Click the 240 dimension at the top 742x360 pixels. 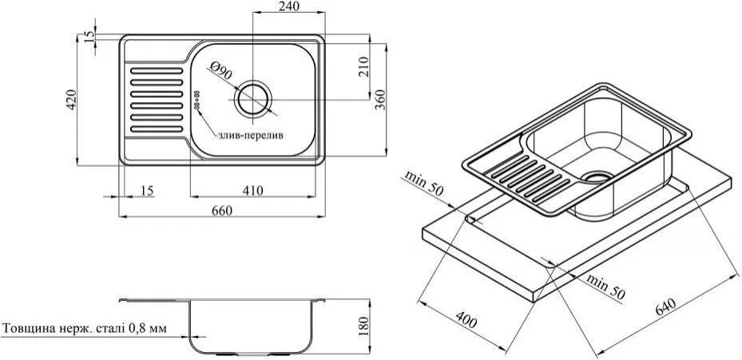(289, 6)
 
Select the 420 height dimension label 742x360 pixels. (71, 100)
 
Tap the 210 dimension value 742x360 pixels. (363, 67)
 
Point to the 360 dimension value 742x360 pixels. (380, 99)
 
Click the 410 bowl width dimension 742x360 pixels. (252, 191)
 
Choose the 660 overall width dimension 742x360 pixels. (222, 211)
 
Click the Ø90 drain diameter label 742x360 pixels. (221, 71)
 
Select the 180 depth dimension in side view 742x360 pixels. (363, 326)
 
